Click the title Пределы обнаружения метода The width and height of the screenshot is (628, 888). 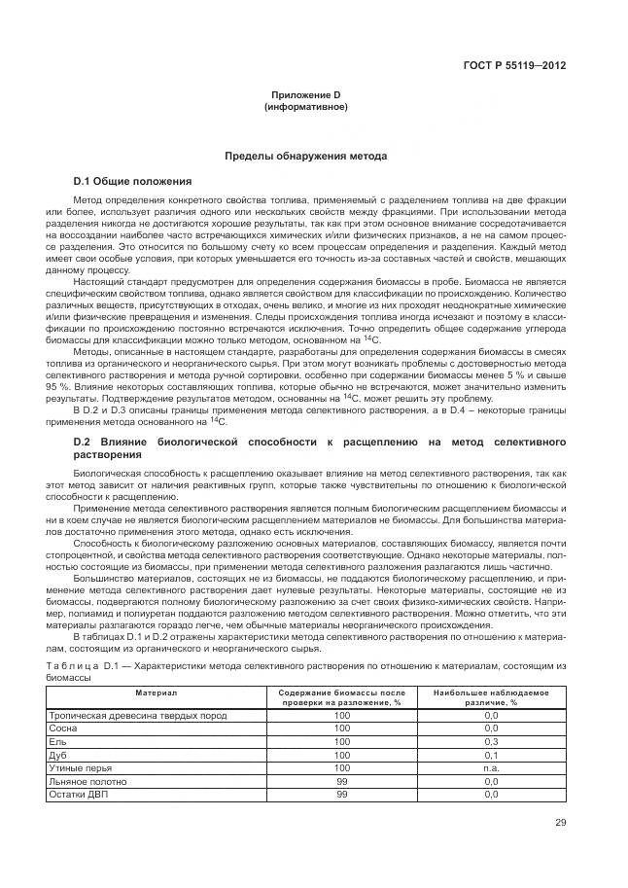click(x=305, y=156)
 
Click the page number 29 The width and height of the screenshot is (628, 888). click(x=560, y=824)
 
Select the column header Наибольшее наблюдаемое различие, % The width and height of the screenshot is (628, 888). click(x=491, y=696)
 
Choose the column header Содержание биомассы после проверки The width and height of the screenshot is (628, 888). click(x=341, y=696)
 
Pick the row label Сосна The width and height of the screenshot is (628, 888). click(x=64, y=728)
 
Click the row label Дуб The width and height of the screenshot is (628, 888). click(x=58, y=754)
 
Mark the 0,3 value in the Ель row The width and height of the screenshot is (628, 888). click(x=491, y=741)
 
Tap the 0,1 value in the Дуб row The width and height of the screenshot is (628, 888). click(x=491, y=754)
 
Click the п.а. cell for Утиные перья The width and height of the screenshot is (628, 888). click(x=491, y=767)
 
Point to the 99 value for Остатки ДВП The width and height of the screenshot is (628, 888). click(x=341, y=795)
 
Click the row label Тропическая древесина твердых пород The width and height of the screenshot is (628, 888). click(x=138, y=715)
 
